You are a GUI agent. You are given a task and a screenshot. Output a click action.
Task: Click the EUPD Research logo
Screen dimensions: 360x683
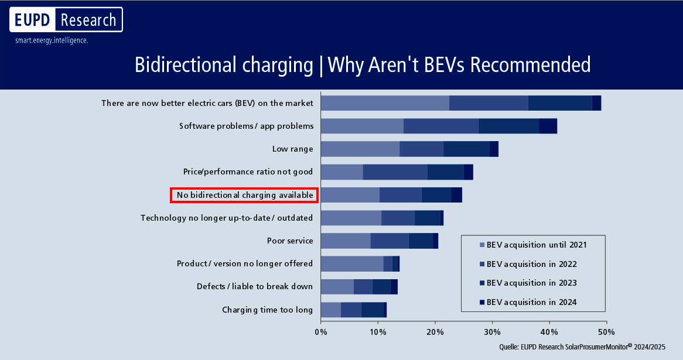coord(66,20)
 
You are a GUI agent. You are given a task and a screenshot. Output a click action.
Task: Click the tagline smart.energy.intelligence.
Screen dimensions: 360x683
coord(52,41)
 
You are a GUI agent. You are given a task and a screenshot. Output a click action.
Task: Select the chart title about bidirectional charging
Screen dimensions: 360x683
coord(363,64)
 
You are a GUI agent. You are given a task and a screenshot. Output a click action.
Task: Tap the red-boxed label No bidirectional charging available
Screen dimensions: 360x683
coord(244,195)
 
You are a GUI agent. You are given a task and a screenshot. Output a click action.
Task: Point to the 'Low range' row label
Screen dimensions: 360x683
coord(292,149)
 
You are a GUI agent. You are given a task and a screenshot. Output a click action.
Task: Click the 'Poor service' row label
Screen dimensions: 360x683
coord(289,241)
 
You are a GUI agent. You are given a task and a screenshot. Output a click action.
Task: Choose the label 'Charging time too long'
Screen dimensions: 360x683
coord(267,310)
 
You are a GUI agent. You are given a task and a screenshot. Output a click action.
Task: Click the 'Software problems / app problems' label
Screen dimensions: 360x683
coord(246,126)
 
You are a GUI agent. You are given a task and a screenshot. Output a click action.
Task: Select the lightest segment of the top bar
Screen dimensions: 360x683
coord(385,103)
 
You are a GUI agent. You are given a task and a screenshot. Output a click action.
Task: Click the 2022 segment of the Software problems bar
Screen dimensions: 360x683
coord(440,126)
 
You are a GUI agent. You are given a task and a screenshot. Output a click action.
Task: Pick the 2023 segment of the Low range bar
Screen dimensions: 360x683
coord(466,149)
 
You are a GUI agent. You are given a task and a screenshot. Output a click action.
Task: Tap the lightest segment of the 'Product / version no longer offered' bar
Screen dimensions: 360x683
coord(352,263)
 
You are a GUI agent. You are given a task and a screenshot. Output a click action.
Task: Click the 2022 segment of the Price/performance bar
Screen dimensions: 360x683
coord(395,172)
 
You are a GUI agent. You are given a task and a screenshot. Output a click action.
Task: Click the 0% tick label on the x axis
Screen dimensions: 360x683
coord(320,332)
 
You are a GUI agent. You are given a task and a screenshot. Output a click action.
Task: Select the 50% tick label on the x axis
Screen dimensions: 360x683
coord(606,332)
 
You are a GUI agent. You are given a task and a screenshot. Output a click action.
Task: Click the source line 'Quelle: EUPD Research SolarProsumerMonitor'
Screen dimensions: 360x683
coord(583,347)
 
